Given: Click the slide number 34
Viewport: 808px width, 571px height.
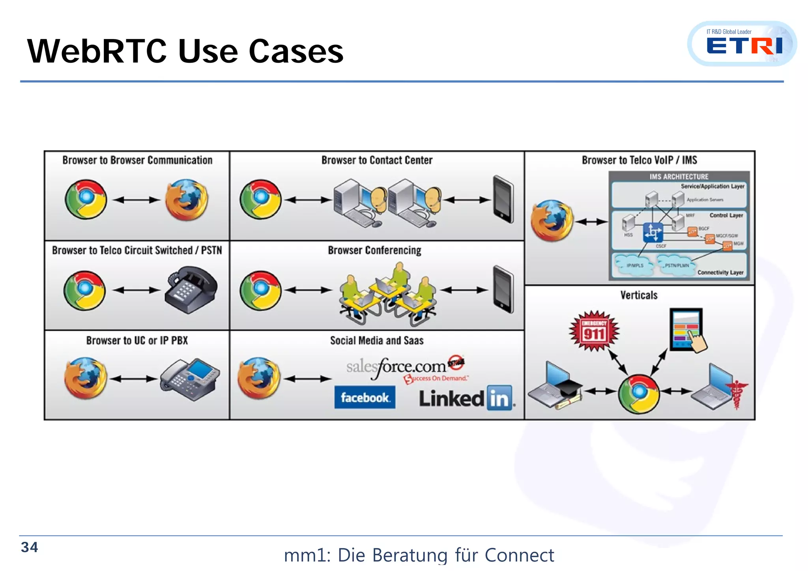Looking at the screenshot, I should (x=29, y=547).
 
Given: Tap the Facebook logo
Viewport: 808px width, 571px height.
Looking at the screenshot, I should (x=365, y=397).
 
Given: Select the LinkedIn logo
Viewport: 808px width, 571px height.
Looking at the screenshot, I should (x=466, y=398).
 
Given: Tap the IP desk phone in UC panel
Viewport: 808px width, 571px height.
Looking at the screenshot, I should (x=190, y=379).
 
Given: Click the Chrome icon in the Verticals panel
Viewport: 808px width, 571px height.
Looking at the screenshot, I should (x=639, y=394).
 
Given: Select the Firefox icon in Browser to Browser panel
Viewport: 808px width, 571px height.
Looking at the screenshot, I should (x=187, y=200).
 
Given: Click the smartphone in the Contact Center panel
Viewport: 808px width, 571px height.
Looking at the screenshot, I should (x=503, y=200).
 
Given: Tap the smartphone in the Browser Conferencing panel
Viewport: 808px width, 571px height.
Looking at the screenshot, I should (x=503, y=290).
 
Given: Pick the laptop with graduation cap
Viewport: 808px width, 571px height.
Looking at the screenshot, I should (x=554, y=387).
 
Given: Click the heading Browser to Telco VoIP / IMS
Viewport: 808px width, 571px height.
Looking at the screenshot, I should (x=639, y=160).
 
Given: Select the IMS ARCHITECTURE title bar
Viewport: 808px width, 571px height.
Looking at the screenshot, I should (x=679, y=177).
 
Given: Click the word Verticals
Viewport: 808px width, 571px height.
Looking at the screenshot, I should (x=639, y=295).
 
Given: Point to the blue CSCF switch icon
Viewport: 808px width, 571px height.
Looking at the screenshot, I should (x=653, y=232).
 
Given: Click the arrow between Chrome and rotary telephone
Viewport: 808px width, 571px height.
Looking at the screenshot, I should (x=137, y=290).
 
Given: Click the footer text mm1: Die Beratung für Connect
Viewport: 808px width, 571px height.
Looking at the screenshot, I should (x=419, y=555).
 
